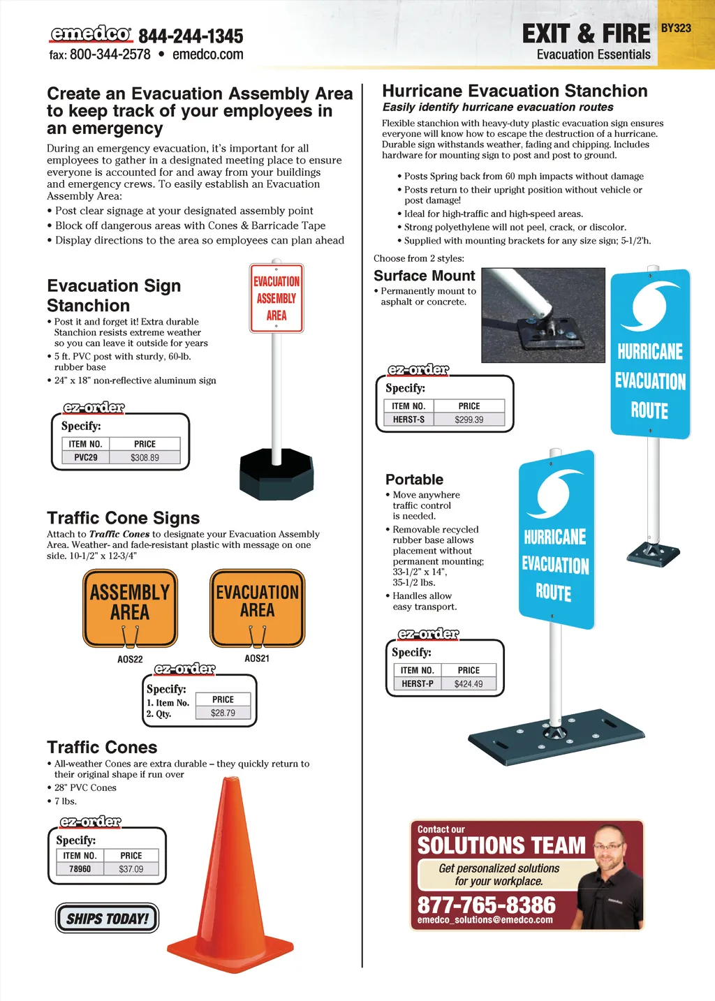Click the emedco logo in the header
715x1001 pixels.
90,34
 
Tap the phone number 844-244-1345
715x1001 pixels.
191,36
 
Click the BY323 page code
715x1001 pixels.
675,28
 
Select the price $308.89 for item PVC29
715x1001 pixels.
145,458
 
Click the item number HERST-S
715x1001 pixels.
408,420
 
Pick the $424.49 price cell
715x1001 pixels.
469,684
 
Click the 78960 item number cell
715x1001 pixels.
80,869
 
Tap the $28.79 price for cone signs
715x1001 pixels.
223,713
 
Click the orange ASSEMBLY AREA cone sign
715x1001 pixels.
130,607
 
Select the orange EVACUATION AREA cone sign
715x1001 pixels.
257,606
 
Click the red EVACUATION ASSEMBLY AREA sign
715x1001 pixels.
277,298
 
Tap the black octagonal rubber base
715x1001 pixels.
277,475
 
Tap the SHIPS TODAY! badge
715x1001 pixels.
108,919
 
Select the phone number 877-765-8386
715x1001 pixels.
487,905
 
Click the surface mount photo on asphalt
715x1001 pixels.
543,315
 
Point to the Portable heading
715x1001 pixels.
414,480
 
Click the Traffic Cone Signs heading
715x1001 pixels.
123,518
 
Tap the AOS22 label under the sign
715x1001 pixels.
130,659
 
